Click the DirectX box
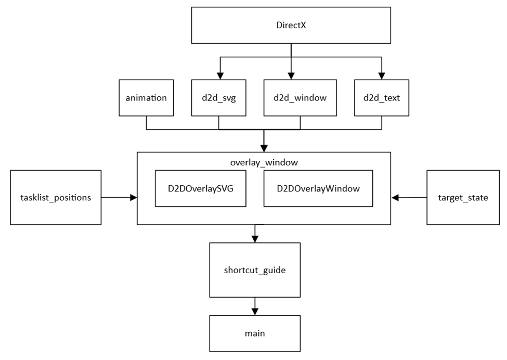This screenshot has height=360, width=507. click(291, 24)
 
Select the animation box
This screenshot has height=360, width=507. click(146, 97)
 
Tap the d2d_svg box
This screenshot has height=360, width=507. click(219, 97)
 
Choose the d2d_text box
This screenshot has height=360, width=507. click(382, 97)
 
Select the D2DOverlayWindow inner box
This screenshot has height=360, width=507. click(318, 188)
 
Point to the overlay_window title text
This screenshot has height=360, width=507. click(264, 162)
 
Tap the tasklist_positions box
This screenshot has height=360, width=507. click(56, 197)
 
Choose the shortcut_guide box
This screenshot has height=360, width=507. click(254, 270)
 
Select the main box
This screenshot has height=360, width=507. click(254, 333)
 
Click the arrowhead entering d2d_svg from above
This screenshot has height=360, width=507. click(219, 76)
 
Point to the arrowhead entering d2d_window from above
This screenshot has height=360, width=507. click(291, 76)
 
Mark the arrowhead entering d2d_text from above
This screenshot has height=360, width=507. click(382, 76)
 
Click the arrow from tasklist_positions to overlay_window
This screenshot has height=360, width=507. click(119, 197)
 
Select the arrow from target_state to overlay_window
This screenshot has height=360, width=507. click(409, 197)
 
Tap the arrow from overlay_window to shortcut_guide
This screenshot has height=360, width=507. click(254, 234)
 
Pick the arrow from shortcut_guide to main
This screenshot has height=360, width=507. click(254, 306)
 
